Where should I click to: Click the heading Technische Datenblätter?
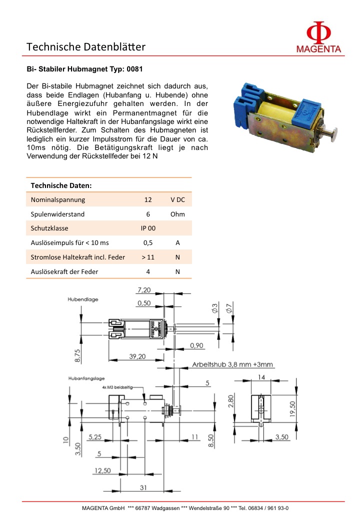(86, 47)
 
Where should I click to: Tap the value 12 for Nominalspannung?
(148, 199)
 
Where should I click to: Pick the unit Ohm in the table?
(177, 214)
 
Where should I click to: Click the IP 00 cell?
(148, 228)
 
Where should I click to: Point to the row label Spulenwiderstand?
(57, 214)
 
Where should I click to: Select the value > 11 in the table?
(148, 257)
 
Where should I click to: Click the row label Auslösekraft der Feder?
(64, 271)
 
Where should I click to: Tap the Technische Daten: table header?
(61, 185)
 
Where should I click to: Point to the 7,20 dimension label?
(144, 290)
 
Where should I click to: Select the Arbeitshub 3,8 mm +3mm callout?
(233, 364)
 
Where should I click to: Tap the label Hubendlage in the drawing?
(83, 299)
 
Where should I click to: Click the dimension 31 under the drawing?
(142, 487)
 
